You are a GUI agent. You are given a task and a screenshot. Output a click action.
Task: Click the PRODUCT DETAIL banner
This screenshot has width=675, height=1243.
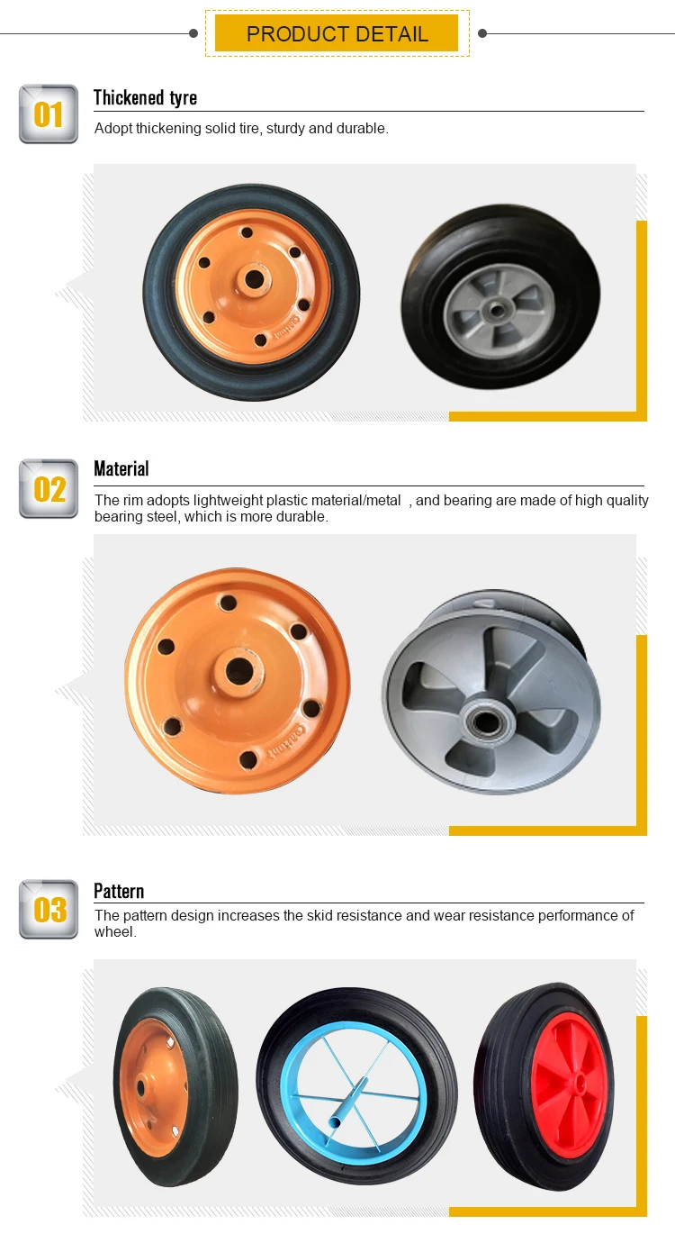tap(337, 34)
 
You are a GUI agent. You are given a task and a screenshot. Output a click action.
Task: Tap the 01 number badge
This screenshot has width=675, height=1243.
tap(49, 114)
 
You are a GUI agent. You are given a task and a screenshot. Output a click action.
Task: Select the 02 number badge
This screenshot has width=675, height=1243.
tap(49, 489)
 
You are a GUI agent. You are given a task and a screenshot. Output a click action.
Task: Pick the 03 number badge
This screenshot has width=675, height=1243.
tap(49, 909)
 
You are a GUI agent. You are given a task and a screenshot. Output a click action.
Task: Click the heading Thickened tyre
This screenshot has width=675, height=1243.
tap(145, 97)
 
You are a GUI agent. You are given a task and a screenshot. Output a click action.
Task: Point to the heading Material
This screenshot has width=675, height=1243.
tap(121, 468)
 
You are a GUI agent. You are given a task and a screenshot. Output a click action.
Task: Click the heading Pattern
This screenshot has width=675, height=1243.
tap(119, 891)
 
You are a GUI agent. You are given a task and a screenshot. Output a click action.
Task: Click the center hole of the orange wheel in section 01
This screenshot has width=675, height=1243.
tap(254, 279)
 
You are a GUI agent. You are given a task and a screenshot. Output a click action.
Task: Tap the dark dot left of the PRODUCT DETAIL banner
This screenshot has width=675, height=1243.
tap(193, 33)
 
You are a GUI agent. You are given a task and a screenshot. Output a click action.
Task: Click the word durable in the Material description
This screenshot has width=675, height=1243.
tap(302, 517)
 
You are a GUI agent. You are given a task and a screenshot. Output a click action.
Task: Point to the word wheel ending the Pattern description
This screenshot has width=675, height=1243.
tap(113, 932)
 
